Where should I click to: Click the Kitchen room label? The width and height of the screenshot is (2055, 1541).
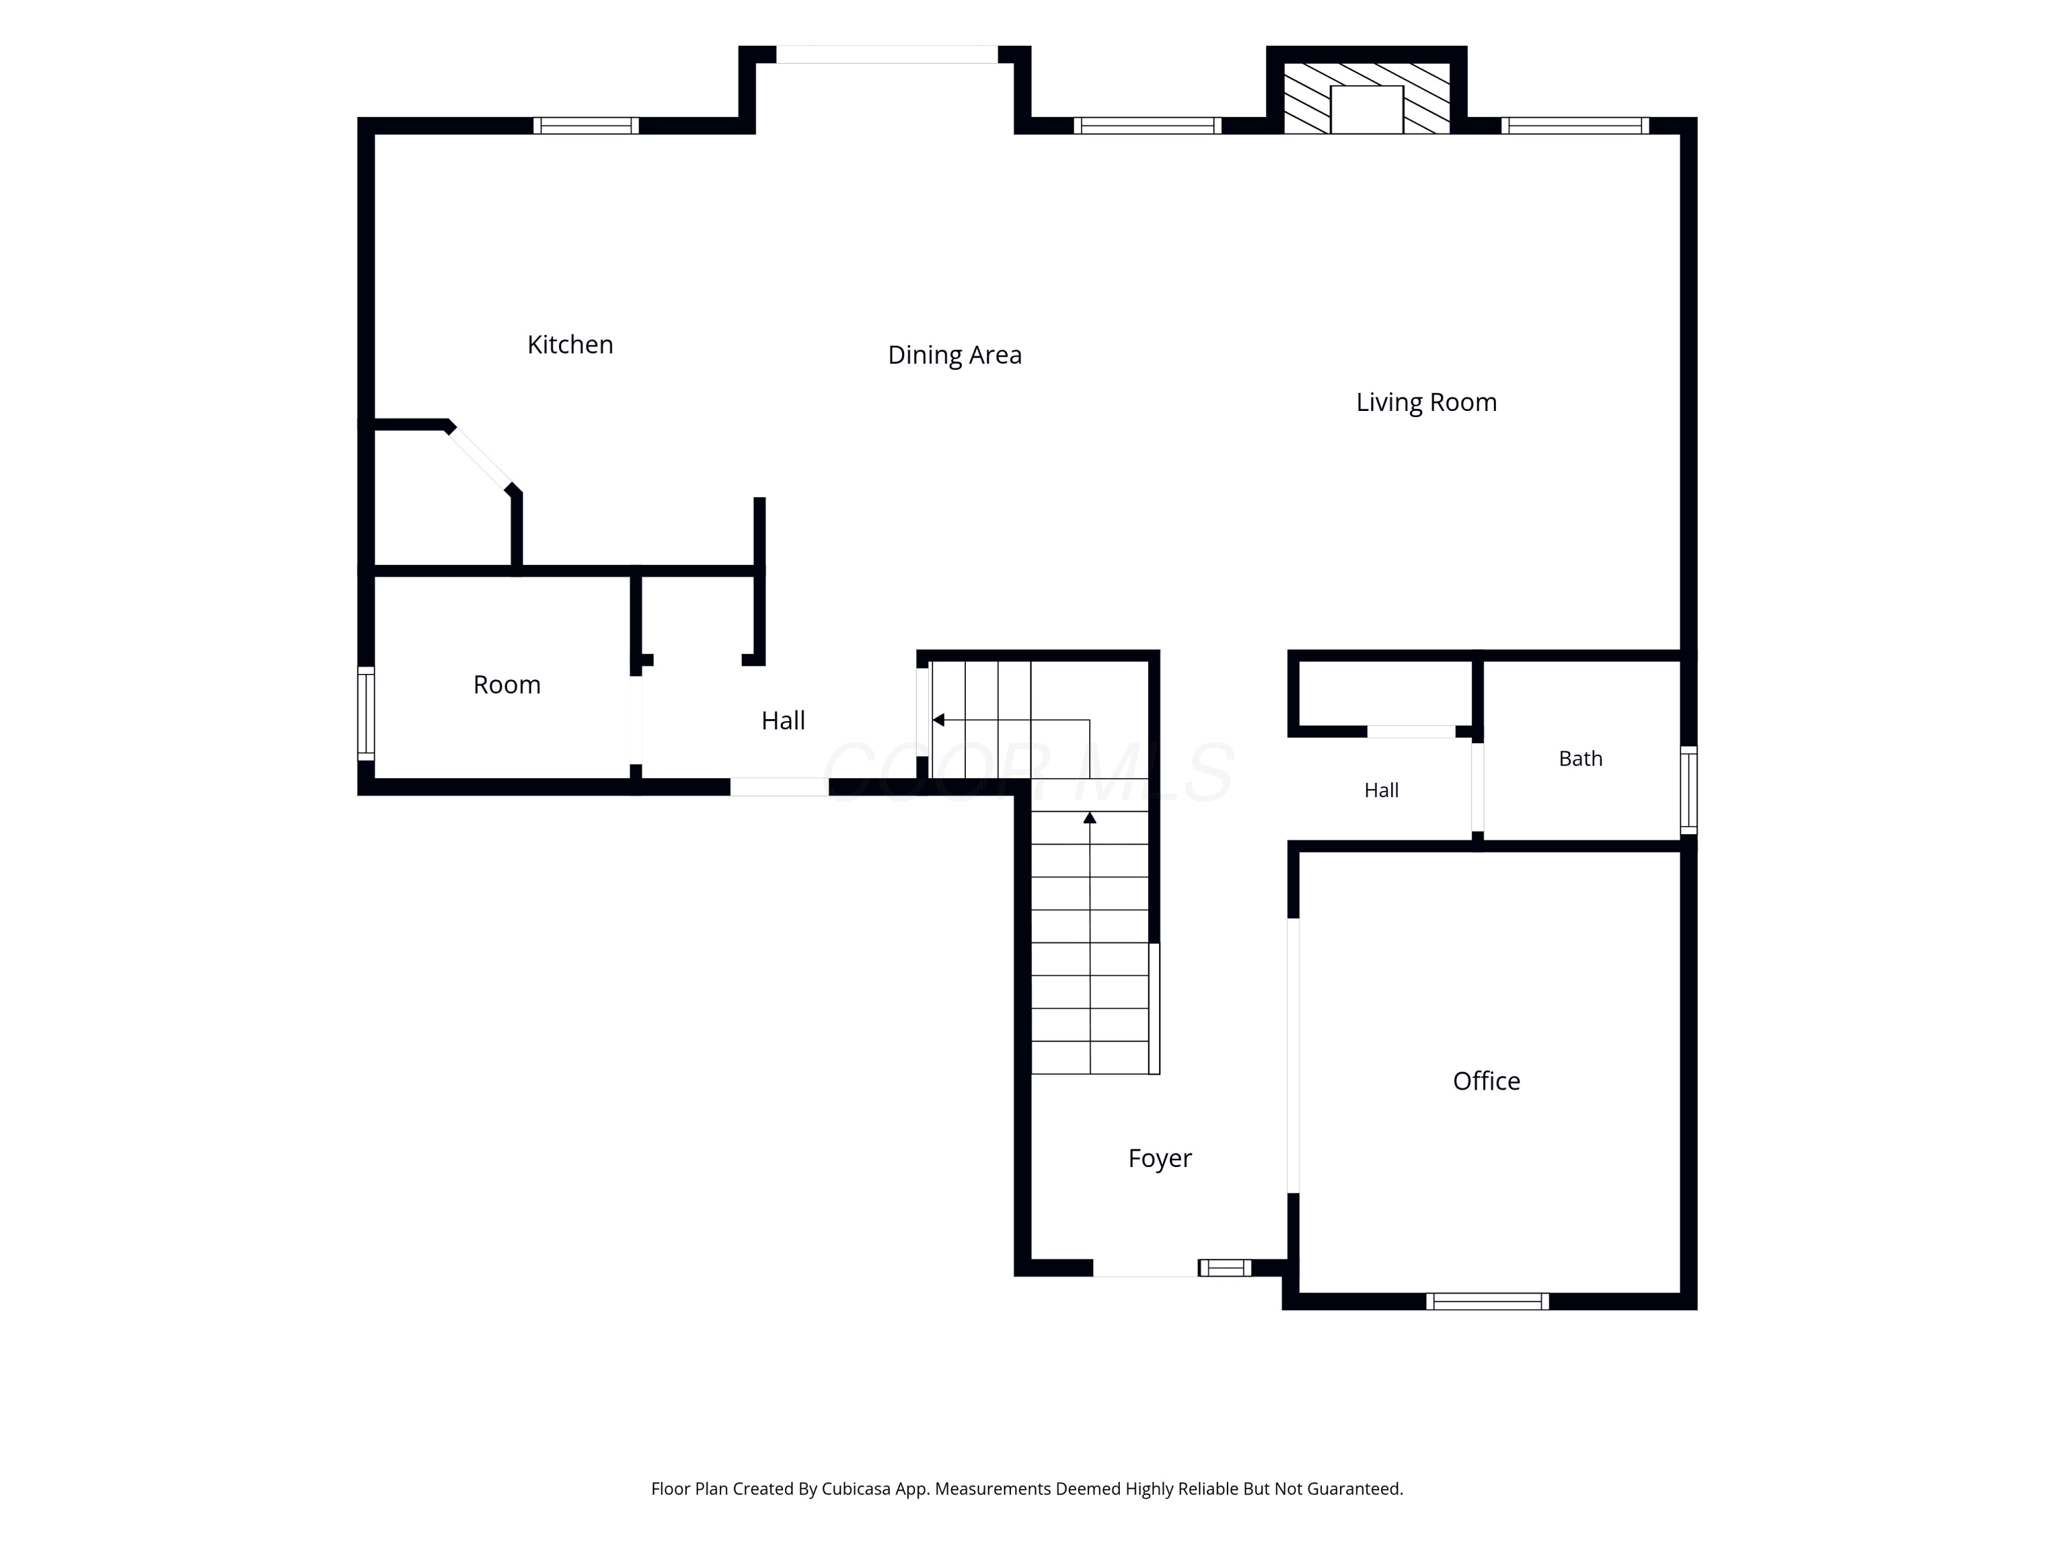[x=571, y=344]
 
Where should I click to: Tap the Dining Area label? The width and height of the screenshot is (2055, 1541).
[x=954, y=355]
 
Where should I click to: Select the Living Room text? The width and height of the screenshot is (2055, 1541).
[x=1426, y=402]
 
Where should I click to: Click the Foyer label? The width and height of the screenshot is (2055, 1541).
[x=1160, y=1158]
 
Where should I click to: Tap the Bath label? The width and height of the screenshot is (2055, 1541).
[x=1580, y=758]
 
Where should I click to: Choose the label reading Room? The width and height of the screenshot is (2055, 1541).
[x=506, y=685]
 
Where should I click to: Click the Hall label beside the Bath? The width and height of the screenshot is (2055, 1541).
[x=1382, y=790]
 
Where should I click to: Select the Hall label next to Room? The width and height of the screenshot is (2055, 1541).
[x=783, y=720]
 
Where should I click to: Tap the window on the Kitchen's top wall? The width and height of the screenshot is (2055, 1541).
[x=586, y=125]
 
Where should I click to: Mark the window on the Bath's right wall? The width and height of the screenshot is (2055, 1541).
[x=1689, y=790]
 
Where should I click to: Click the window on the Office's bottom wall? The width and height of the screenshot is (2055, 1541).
[x=1487, y=1301]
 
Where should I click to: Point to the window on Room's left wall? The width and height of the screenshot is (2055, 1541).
[x=366, y=712]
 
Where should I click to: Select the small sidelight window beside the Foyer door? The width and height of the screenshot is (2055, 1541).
[x=1225, y=1268]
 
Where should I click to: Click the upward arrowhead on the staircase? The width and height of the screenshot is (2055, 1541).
[x=1090, y=817]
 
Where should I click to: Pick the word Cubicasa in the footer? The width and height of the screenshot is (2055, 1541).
[x=856, y=1489]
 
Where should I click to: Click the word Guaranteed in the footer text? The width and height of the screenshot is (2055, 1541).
[x=1354, y=1489]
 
